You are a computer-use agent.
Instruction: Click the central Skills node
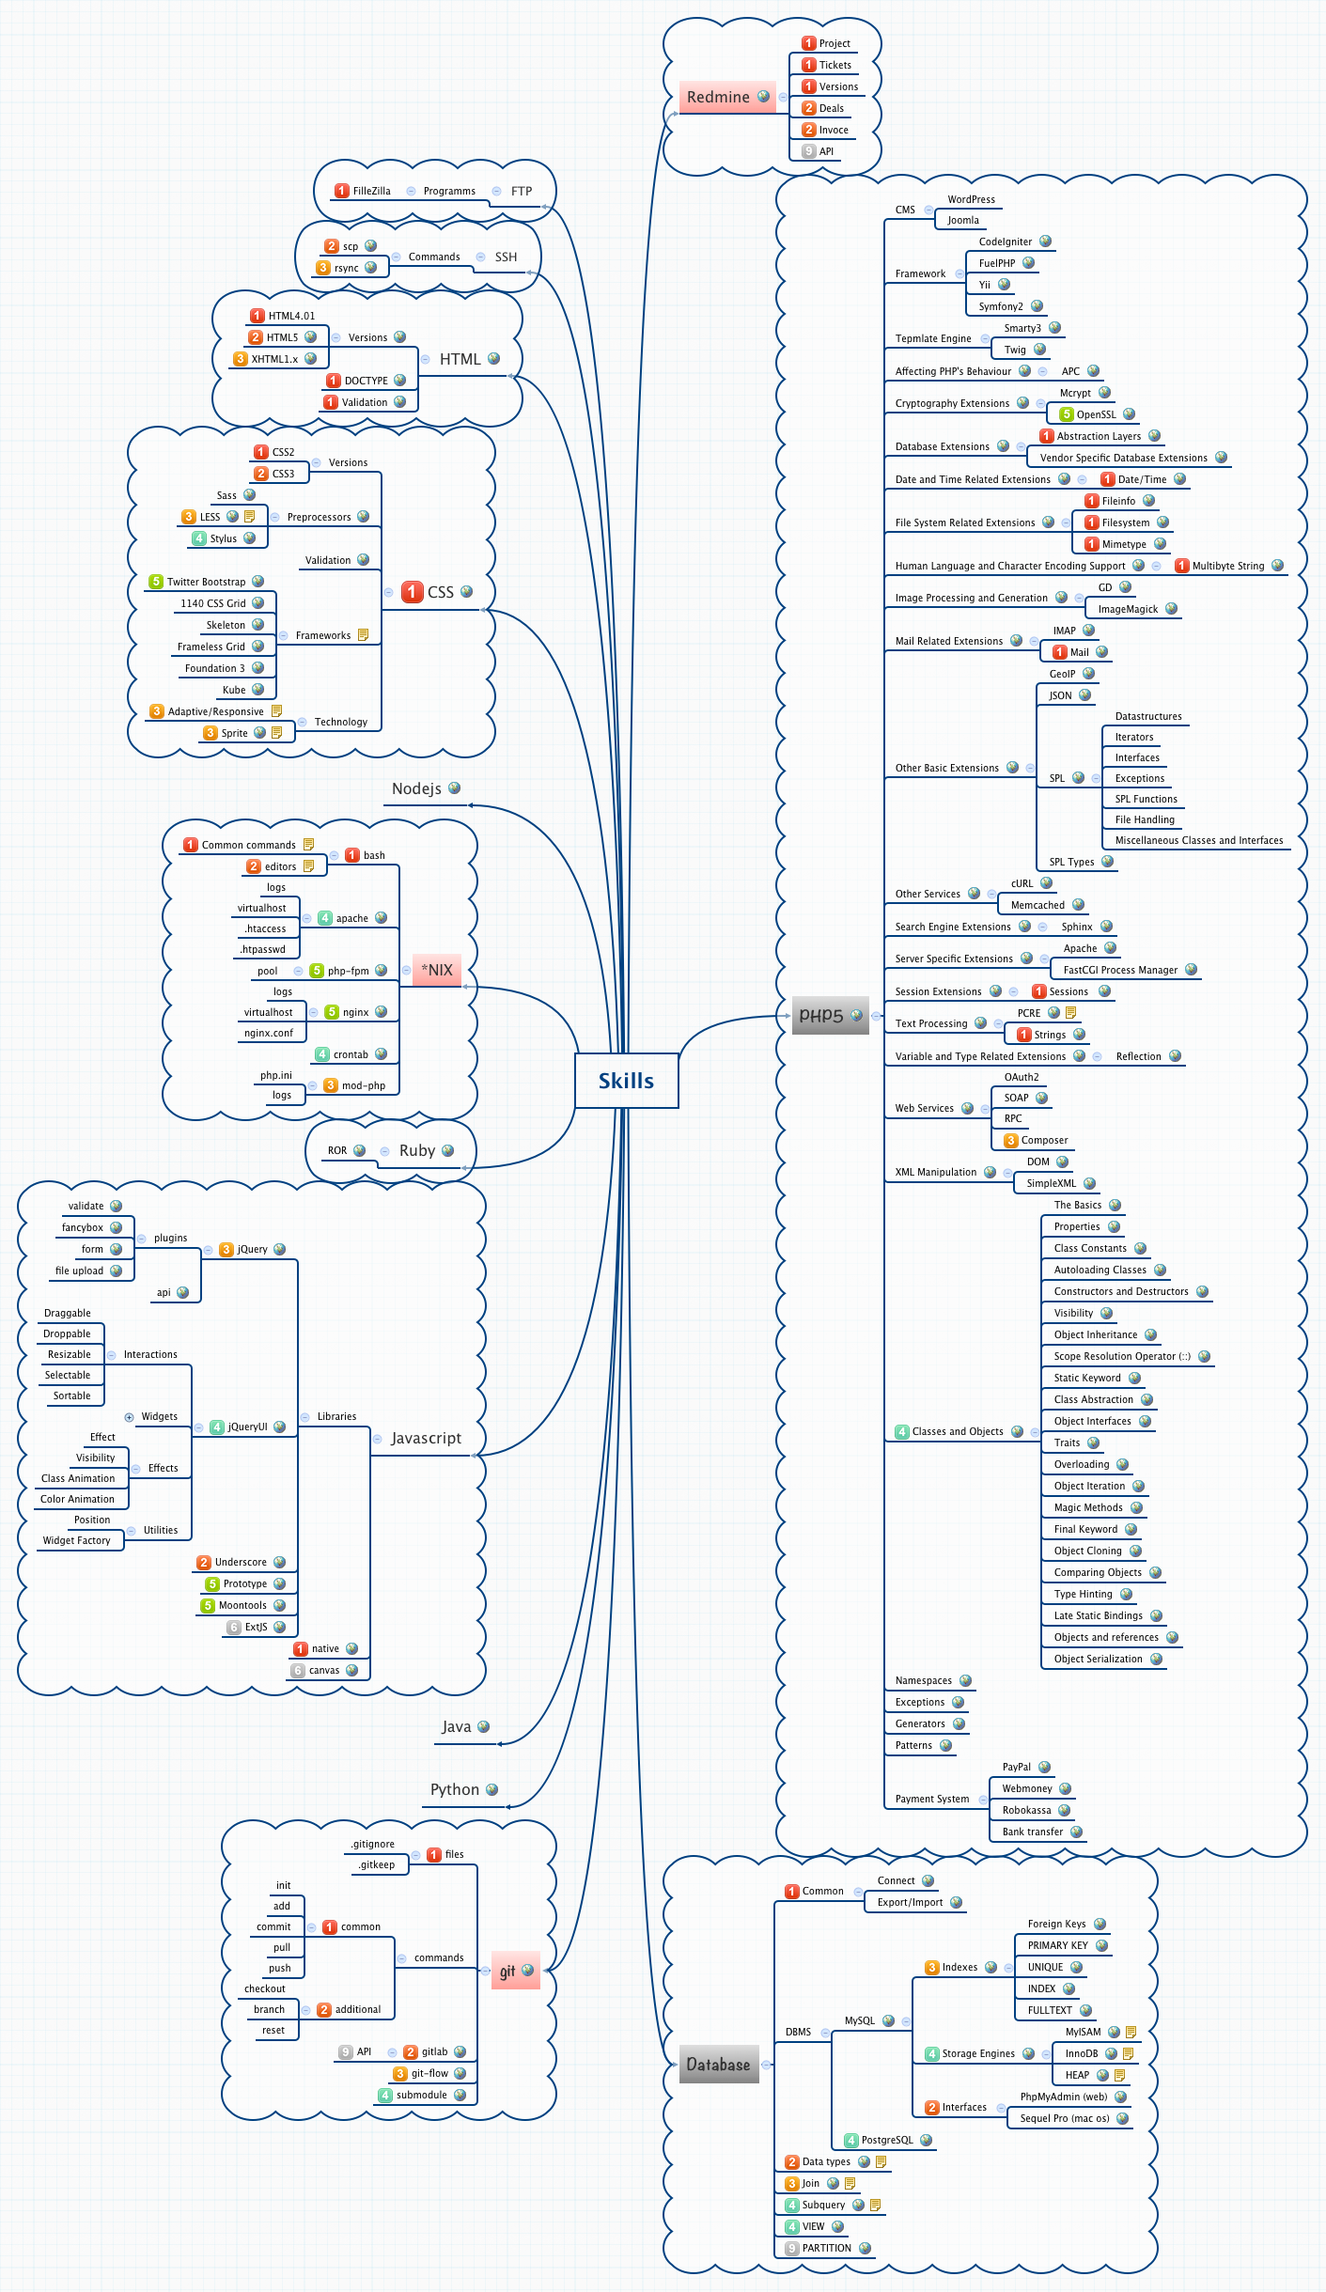click(626, 1081)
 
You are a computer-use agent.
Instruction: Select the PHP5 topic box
click(821, 1016)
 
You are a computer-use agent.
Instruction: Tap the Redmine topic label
click(718, 97)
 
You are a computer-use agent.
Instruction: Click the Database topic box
click(718, 2065)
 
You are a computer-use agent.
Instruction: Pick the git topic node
click(507, 1971)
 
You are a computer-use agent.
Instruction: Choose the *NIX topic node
click(437, 970)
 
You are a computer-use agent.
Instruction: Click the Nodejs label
click(416, 788)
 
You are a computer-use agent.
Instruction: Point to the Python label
click(455, 1789)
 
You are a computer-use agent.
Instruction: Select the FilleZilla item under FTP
click(371, 191)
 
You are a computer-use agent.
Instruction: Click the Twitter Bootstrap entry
click(206, 582)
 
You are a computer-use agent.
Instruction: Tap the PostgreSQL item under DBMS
click(887, 2140)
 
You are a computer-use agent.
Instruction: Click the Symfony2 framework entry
click(1001, 306)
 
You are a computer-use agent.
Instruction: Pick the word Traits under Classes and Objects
click(1067, 1442)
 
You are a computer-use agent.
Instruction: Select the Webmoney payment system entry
click(1027, 1788)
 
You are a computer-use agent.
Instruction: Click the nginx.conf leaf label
click(269, 1033)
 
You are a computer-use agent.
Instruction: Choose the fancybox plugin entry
click(83, 1227)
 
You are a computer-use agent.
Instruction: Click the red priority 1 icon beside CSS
click(412, 592)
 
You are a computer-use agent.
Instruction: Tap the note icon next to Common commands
click(308, 845)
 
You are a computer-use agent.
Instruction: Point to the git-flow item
click(429, 2073)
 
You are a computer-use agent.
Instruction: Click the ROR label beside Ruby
click(337, 1150)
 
